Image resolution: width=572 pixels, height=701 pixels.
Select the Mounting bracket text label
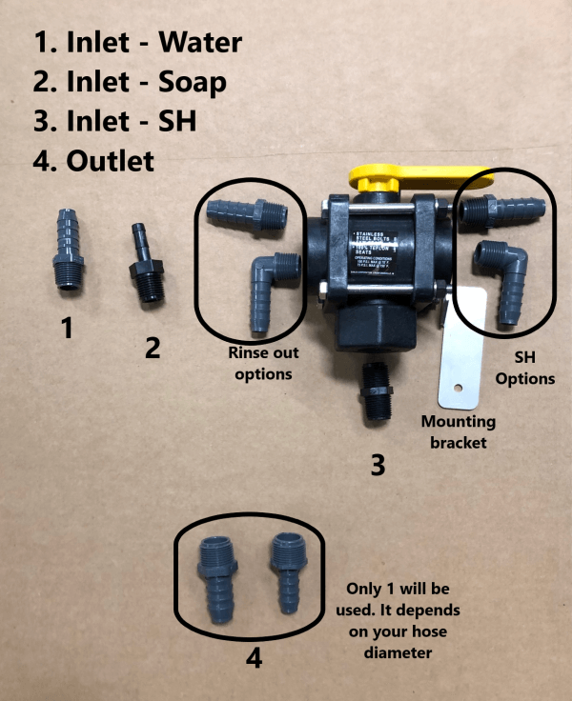460,431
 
